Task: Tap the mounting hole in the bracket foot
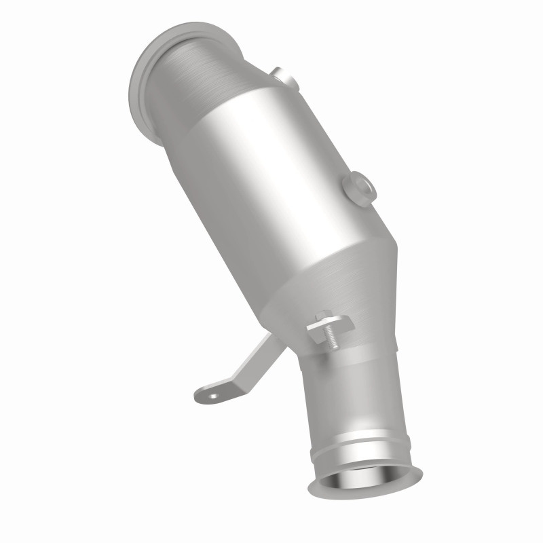(214, 394)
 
